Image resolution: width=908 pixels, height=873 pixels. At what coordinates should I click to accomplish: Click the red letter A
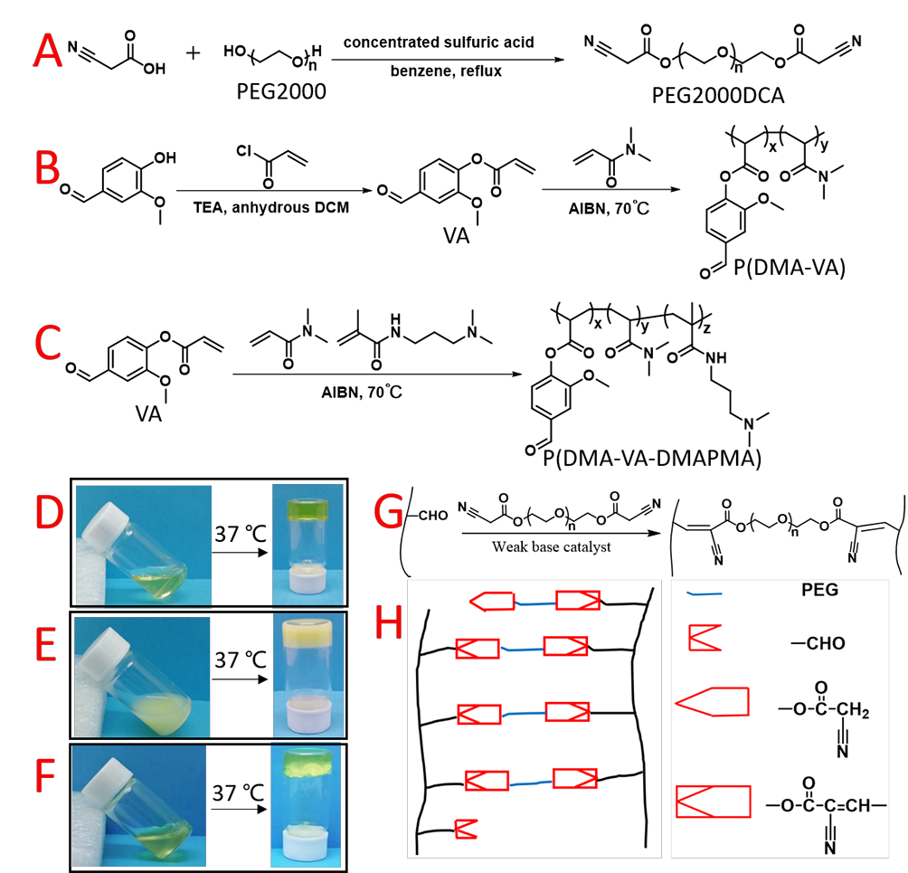[x=48, y=52]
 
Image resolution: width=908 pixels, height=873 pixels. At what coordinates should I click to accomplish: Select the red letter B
[x=47, y=169]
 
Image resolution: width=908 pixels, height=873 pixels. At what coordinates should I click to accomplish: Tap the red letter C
[x=47, y=344]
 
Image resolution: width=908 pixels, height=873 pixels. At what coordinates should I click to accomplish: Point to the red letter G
[x=388, y=513]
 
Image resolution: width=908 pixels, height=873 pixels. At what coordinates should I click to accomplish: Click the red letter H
[x=388, y=624]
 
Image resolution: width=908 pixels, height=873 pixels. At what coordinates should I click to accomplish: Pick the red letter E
[x=46, y=647]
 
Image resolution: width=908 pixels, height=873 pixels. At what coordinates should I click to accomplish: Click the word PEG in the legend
[x=820, y=591]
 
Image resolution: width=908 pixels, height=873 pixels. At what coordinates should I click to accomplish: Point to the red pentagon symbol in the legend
[x=713, y=702]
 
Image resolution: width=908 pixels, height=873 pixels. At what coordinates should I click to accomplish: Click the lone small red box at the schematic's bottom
[x=466, y=829]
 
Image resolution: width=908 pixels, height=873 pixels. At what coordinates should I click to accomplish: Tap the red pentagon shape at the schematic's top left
[x=492, y=601]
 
